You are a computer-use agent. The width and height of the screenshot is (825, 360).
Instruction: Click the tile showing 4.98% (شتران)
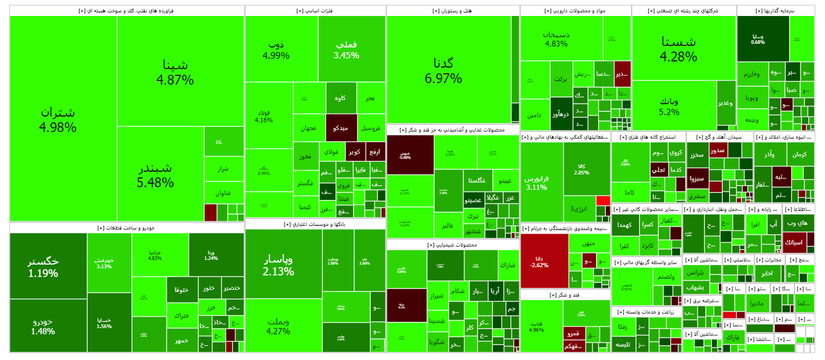[x=58, y=119]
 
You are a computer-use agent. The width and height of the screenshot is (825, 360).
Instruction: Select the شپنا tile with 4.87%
[x=175, y=72]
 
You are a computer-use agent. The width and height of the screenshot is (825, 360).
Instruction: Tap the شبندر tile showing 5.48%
[x=155, y=175]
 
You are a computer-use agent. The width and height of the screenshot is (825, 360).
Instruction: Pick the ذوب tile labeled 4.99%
[x=276, y=50]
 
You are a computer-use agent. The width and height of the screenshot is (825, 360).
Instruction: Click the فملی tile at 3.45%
[x=346, y=50]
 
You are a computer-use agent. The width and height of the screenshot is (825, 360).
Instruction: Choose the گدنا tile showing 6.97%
[x=443, y=70]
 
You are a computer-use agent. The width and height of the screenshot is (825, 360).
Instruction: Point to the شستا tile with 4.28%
[x=679, y=49]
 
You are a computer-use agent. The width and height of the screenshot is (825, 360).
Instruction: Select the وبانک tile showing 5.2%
[x=669, y=106]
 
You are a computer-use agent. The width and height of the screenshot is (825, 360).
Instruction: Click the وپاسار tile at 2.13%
[x=278, y=265]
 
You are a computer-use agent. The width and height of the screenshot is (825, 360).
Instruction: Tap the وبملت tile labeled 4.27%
[x=278, y=326]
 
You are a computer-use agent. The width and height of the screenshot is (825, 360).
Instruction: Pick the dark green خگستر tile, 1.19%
[x=43, y=267]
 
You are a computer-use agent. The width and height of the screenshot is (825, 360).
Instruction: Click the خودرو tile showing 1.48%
[x=43, y=326]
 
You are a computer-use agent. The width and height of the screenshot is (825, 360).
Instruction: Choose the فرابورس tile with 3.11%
[x=537, y=183]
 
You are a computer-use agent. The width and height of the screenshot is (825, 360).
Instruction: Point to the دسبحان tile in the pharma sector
[x=556, y=39]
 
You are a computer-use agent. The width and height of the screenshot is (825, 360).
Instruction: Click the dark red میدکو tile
[x=341, y=128]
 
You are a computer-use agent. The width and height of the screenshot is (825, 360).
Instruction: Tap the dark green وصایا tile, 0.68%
[x=758, y=39]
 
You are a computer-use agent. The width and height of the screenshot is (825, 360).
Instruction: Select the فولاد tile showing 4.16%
[x=264, y=116]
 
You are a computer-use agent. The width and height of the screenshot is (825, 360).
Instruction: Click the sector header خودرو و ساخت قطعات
[x=126, y=227]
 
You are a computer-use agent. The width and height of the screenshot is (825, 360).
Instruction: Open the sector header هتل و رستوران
[x=452, y=11]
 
